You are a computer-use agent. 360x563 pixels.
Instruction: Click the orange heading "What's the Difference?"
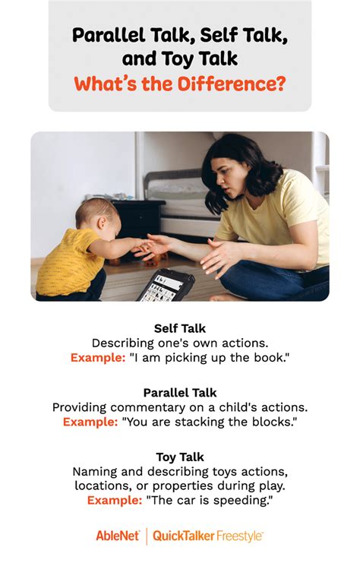coord(180,84)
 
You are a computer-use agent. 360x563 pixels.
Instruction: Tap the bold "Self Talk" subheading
coord(180,328)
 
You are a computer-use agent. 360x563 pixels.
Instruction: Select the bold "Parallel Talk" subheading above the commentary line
coord(180,393)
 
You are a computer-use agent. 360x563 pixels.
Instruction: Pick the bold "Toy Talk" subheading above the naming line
coord(180,457)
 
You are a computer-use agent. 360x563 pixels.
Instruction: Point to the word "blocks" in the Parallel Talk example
coord(273,421)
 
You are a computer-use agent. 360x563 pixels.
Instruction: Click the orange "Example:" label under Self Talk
coord(98,356)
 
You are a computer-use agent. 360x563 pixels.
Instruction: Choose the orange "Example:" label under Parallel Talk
coord(90,421)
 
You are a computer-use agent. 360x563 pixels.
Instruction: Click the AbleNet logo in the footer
coord(118,536)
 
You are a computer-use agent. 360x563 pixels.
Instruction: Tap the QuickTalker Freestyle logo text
coord(208,536)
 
